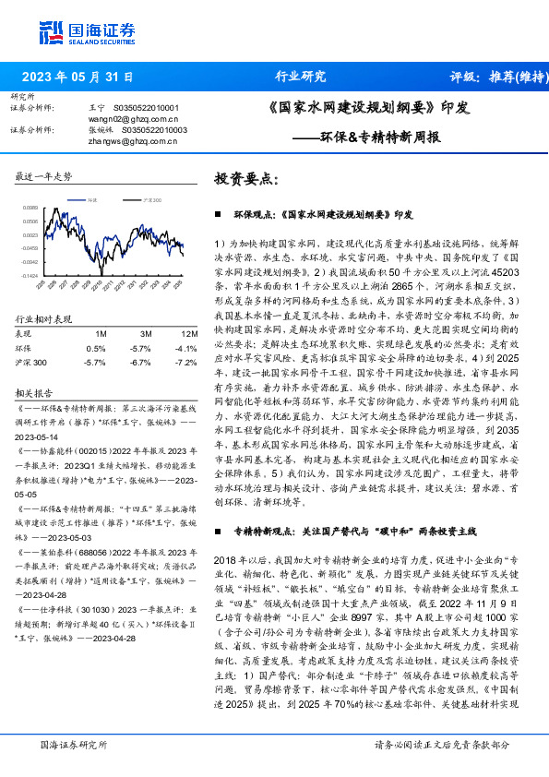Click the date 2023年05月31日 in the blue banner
[x=77, y=77]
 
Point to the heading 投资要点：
[x=245, y=179]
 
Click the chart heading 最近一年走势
[x=44, y=176]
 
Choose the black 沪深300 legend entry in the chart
[x=151, y=199]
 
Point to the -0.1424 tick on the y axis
[x=30, y=275]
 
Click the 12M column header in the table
[x=188, y=333]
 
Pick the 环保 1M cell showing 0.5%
[x=96, y=348]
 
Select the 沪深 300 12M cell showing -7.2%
[x=187, y=363]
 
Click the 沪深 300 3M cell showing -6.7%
[x=141, y=363]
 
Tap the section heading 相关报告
[x=37, y=391]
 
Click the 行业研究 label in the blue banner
[x=301, y=77]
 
